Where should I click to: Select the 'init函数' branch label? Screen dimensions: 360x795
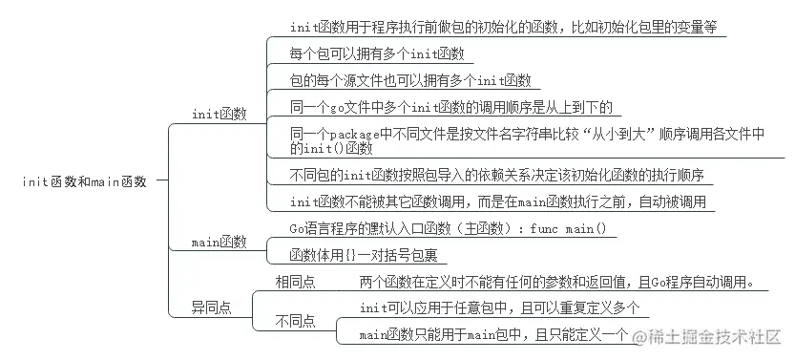[x=219, y=115]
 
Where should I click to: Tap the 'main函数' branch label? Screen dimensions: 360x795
[x=219, y=242]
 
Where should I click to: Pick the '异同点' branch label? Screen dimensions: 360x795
[x=211, y=307]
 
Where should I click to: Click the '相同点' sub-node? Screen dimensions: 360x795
[x=296, y=283]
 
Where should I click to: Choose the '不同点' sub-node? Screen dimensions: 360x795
[x=296, y=321]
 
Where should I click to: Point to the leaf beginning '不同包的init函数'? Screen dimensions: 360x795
[x=497, y=175]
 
